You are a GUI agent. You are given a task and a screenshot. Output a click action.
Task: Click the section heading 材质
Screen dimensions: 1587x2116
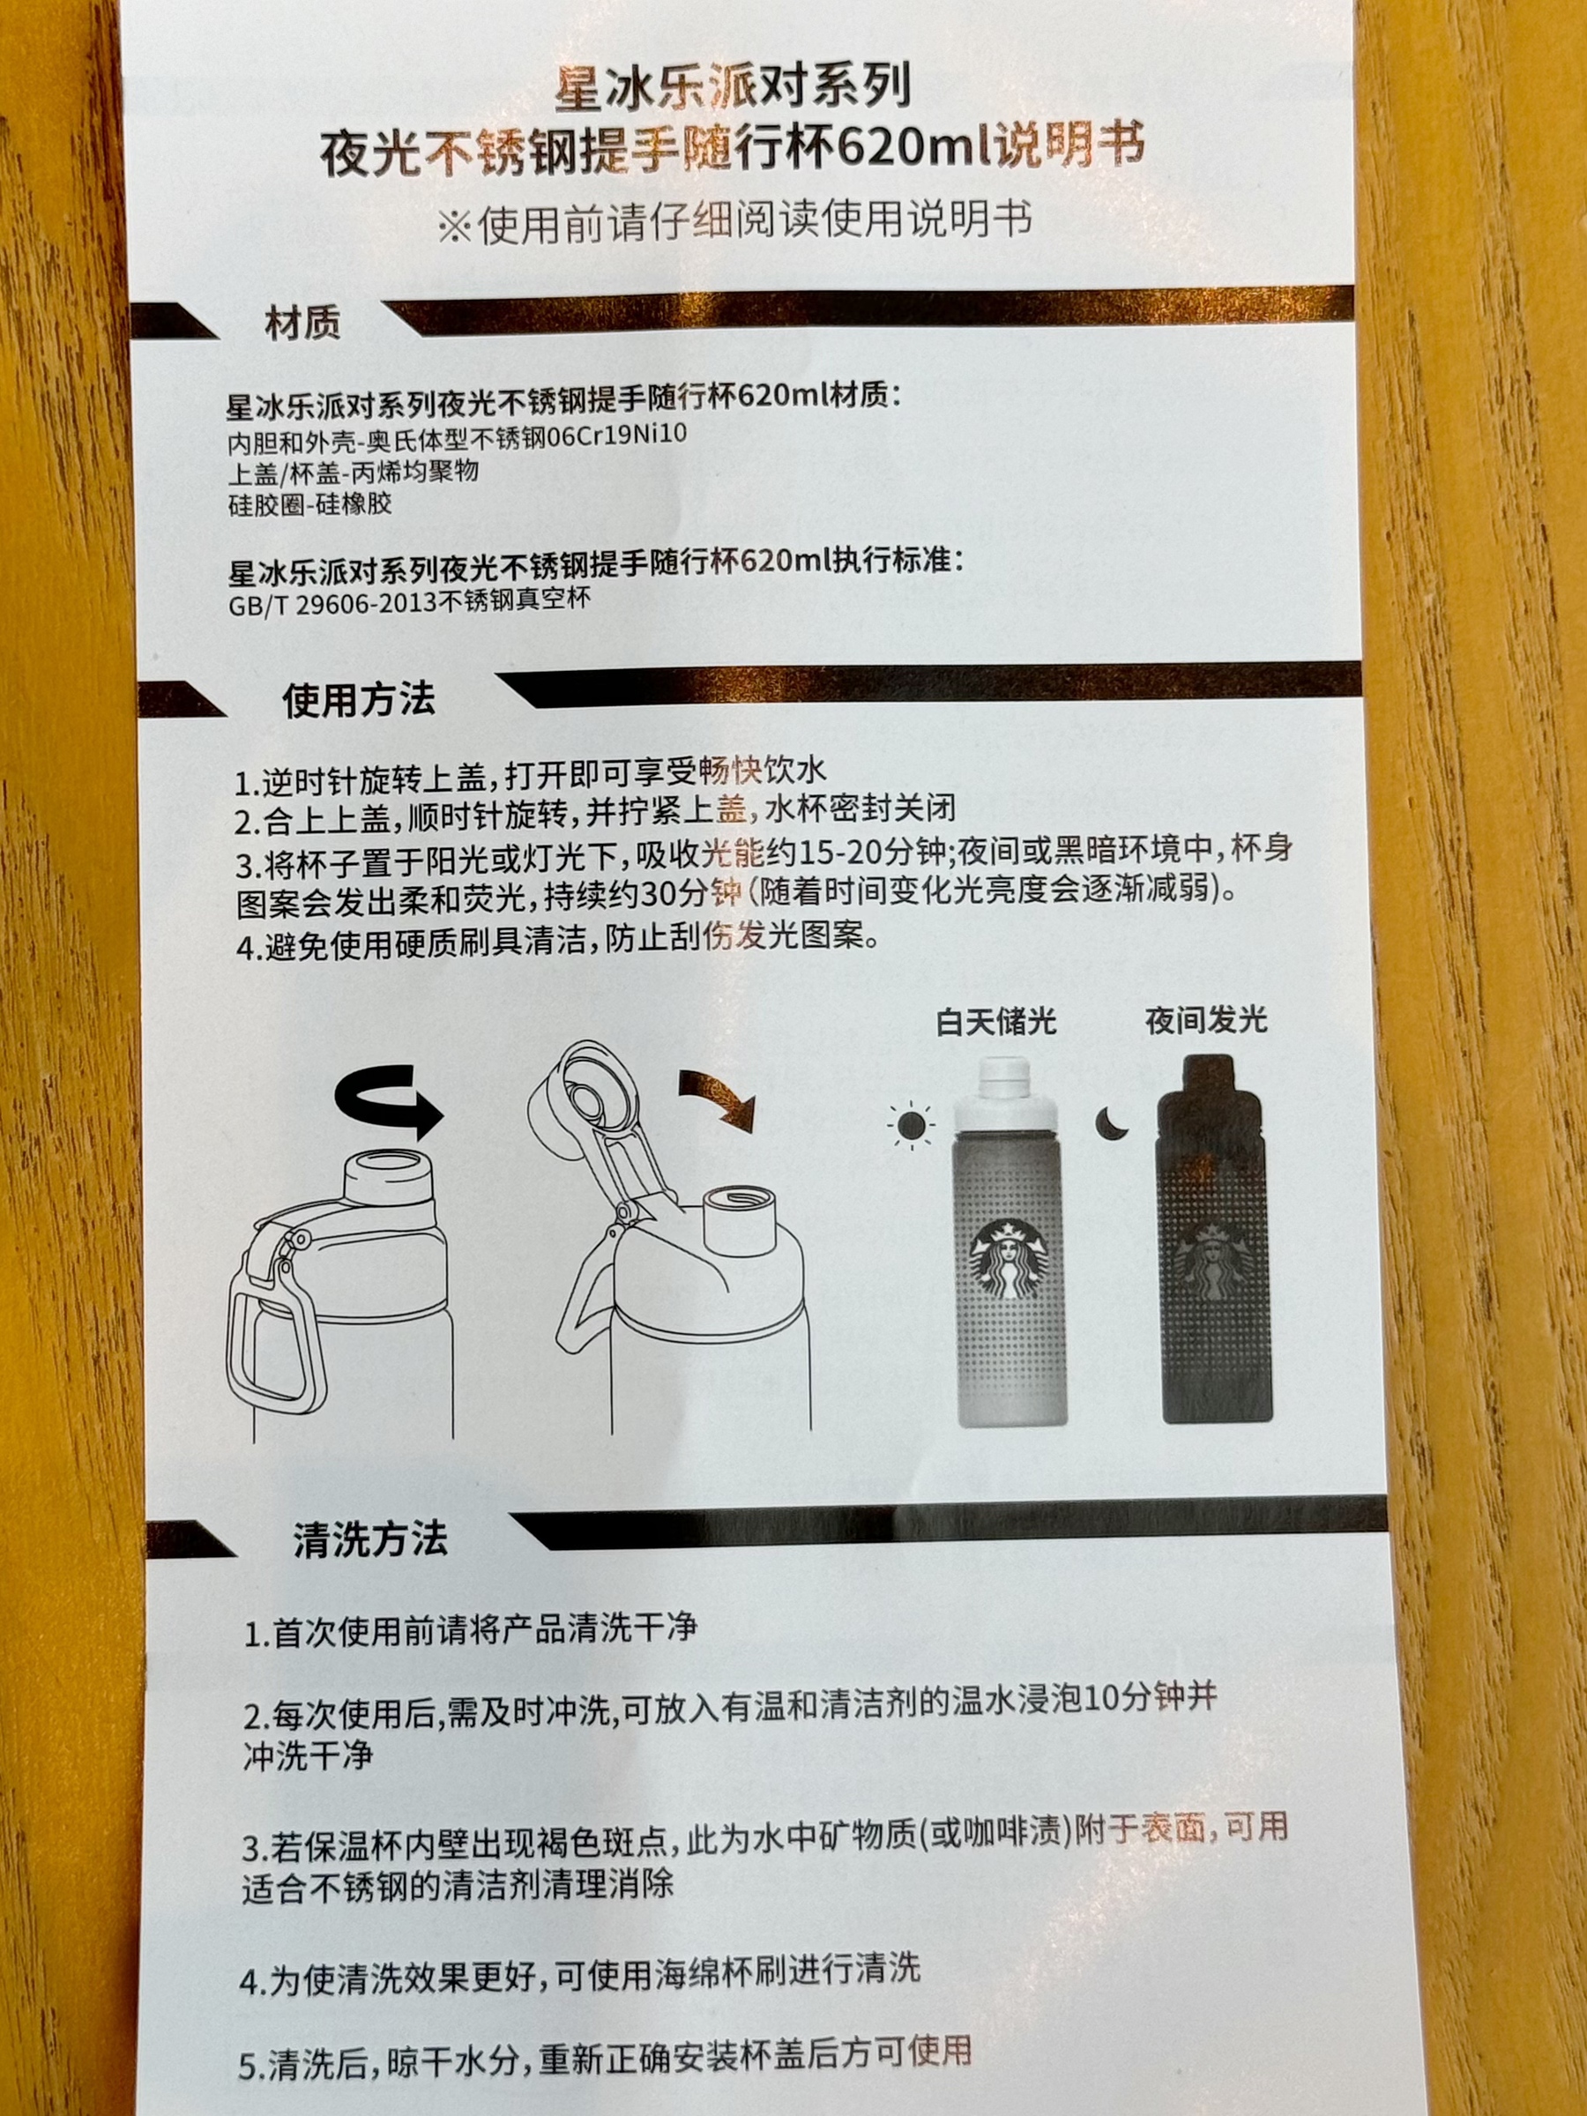click(x=302, y=325)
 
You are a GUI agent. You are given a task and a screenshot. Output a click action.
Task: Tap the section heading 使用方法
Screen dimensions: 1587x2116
click(x=359, y=699)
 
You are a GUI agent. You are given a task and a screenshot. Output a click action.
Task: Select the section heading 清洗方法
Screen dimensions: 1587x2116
click(x=369, y=1539)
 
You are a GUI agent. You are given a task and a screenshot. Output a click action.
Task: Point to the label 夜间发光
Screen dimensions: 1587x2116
click(x=1206, y=1020)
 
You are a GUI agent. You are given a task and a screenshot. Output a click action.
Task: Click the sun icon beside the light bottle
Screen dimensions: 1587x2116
click(x=910, y=1125)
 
